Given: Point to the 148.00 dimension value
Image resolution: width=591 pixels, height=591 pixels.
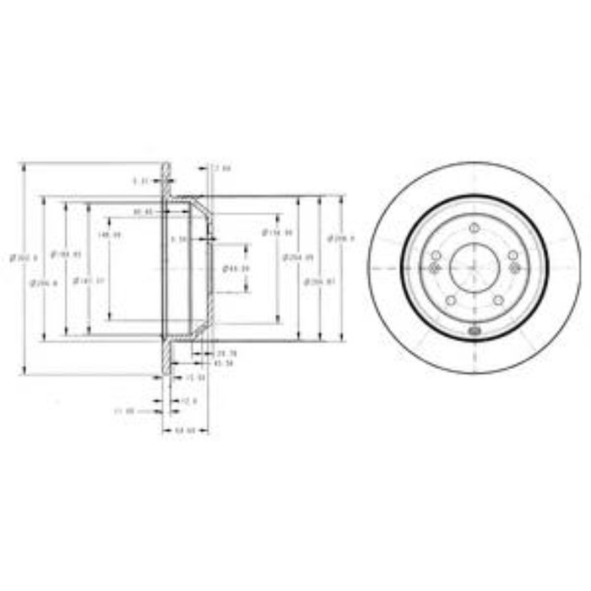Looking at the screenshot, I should (110, 234).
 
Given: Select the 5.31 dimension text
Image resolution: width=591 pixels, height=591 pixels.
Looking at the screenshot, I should (142, 180).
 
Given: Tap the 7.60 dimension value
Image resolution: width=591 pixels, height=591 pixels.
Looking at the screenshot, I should (221, 168).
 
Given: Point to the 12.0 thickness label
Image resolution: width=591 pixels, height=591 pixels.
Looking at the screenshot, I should (189, 400).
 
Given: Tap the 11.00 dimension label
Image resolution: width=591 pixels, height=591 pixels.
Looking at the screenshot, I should (124, 410).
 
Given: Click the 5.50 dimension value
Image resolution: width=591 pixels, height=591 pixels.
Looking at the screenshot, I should (178, 239).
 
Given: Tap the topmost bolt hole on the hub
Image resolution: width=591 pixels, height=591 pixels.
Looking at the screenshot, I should (474, 227).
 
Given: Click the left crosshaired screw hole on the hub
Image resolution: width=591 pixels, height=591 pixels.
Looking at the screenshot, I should (434, 268).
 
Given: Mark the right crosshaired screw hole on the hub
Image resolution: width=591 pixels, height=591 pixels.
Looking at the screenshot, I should (515, 268).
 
